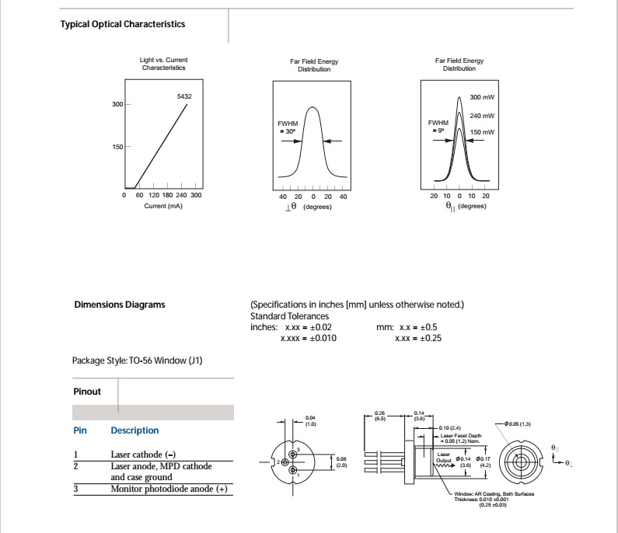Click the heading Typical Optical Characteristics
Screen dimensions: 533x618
pyautogui.click(x=123, y=24)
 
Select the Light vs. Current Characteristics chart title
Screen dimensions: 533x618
pyautogui.click(x=164, y=64)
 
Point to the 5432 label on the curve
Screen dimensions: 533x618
pyautogui.click(x=184, y=96)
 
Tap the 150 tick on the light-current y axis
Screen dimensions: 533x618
pyautogui.click(x=118, y=146)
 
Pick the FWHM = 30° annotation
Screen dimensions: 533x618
pyautogui.click(x=287, y=127)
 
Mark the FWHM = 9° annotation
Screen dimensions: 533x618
pyautogui.click(x=438, y=127)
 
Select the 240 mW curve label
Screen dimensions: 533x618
pyautogui.click(x=482, y=116)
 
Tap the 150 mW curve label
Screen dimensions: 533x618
pyautogui.click(x=482, y=132)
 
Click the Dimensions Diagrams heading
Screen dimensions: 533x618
pyautogui.click(x=120, y=305)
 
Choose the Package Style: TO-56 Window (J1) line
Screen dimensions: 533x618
pyautogui.click(x=138, y=361)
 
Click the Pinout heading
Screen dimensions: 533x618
pyautogui.click(x=87, y=392)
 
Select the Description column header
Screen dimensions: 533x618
pyautogui.click(x=134, y=430)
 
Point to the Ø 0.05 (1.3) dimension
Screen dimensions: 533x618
pyautogui.click(x=517, y=423)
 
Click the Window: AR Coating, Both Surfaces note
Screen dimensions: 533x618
pyautogui.click(x=494, y=494)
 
